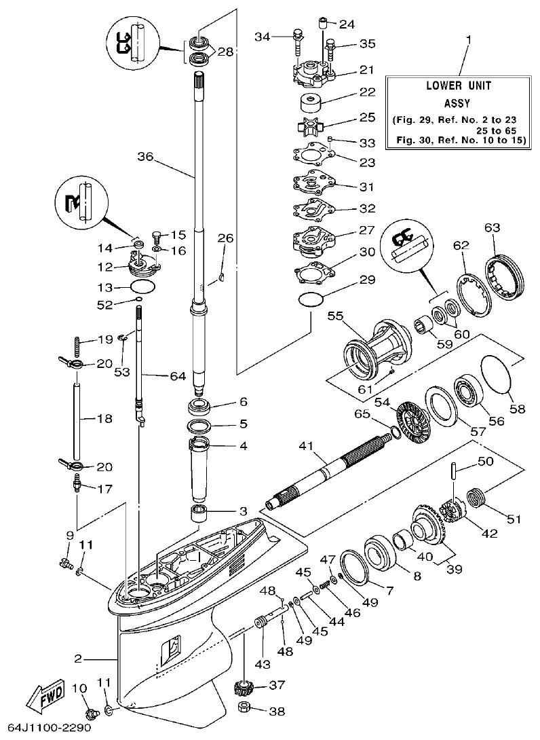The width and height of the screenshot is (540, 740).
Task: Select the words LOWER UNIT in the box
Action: (x=458, y=86)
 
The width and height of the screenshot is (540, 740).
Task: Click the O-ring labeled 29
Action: (x=310, y=299)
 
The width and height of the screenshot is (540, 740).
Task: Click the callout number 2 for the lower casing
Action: (x=78, y=659)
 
